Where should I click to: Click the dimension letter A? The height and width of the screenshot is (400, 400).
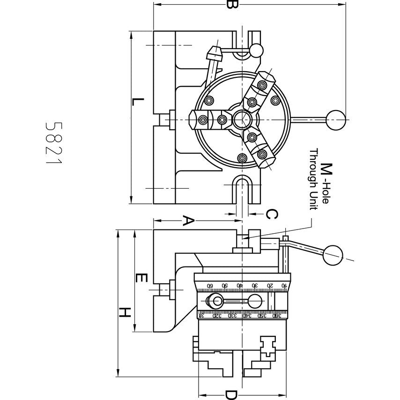click(x=187, y=221)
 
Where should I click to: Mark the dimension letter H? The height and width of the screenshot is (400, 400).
click(x=124, y=312)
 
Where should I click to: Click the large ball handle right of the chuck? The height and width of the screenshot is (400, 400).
click(x=336, y=119)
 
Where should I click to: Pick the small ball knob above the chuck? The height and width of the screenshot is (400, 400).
click(x=256, y=50)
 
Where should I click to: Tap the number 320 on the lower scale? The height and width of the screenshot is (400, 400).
click(x=215, y=315)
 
